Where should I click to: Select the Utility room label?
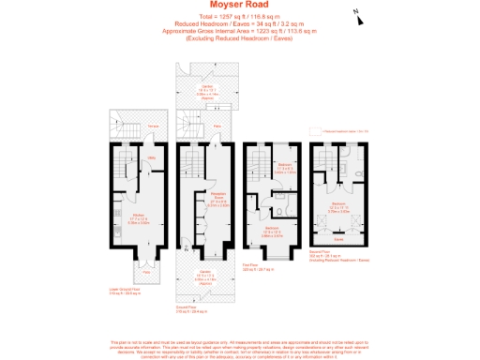pos(151,157)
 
